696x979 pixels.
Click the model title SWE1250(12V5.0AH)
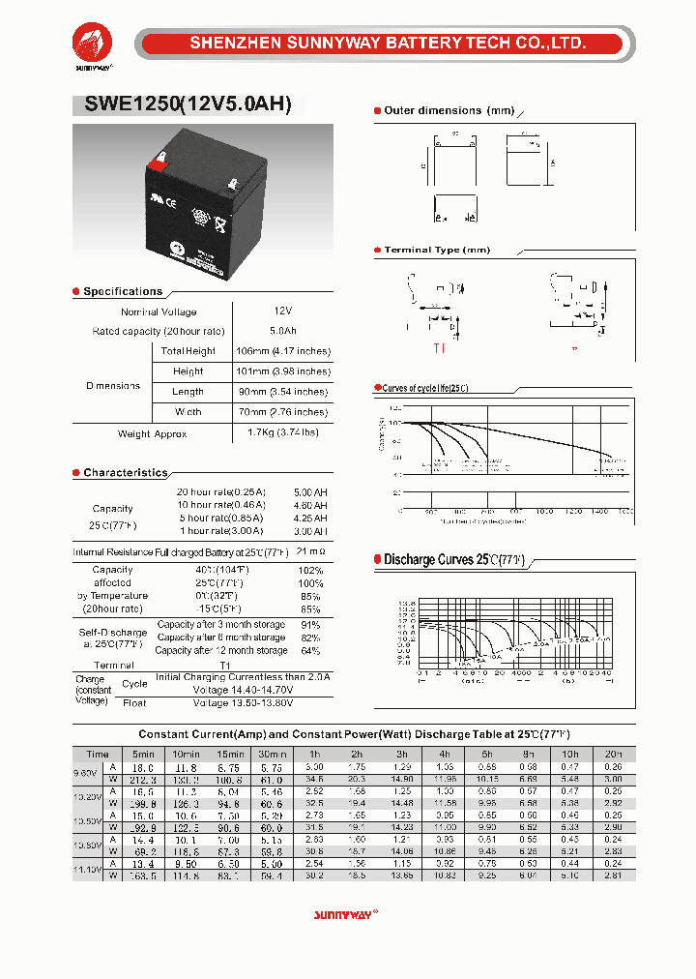point(181,105)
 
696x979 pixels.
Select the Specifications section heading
point(123,291)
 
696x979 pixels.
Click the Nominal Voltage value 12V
point(283,311)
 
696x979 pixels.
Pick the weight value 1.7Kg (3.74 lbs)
point(282,432)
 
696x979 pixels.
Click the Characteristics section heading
point(125,473)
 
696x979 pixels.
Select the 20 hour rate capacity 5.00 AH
point(310,492)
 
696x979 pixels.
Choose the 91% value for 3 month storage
point(310,625)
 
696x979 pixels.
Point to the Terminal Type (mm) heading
point(437,251)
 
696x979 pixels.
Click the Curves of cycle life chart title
point(425,388)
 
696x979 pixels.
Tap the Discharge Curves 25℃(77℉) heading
point(453,560)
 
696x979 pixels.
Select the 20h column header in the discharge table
point(613,754)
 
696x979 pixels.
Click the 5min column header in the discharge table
point(143,754)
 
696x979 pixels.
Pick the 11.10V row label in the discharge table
point(88,871)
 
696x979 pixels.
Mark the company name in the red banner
point(388,44)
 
